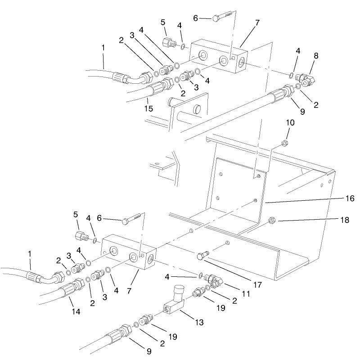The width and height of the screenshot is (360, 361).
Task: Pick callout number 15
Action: point(148,108)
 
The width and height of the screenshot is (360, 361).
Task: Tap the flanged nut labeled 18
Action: point(272,221)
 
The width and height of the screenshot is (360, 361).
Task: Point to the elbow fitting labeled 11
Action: point(216,281)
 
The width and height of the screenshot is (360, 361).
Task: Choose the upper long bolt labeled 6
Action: point(222,18)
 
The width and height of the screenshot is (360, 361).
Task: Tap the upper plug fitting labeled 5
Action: point(167,43)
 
